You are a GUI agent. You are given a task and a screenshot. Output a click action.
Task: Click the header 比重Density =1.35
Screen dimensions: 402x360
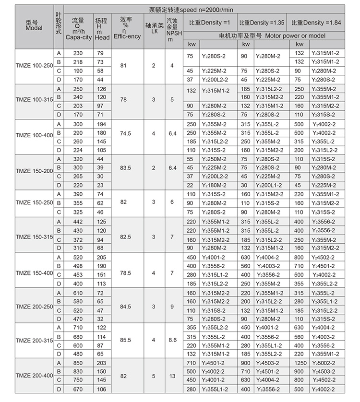tap(262, 23)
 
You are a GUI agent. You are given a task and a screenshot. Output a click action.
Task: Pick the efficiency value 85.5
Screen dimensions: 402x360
tap(126, 340)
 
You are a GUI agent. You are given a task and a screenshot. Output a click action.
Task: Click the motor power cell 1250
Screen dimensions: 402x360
tap(299, 363)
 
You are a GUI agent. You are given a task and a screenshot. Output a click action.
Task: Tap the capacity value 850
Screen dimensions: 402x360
tap(77, 363)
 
